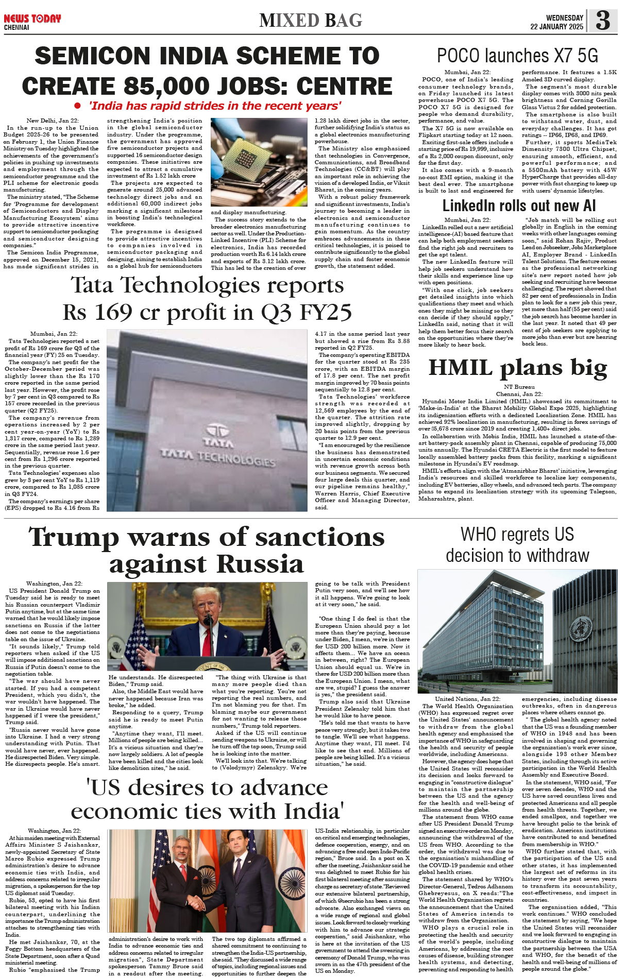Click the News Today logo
(x=32, y=19)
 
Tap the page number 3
(x=602, y=21)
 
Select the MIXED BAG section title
(x=311, y=21)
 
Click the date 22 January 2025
(x=556, y=27)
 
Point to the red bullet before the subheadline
(x=77, y=106)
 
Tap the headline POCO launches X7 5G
(x=517, y=56)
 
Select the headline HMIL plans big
(x=517, y=367)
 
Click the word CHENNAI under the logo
(x=16, y=27)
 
